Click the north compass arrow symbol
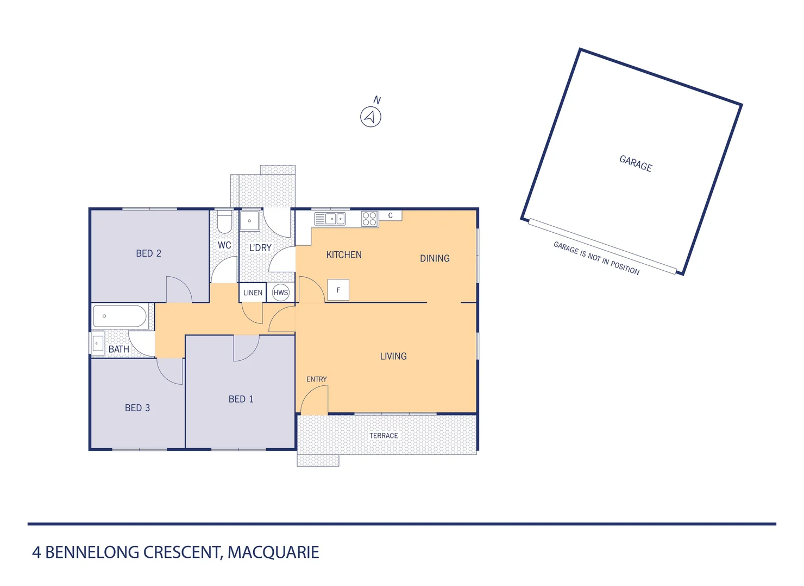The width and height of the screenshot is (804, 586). pos(371,117)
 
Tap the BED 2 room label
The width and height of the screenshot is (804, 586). pos(148,253)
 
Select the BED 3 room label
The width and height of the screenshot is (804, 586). pos(137,408)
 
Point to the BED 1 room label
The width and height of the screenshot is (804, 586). pos(241,399)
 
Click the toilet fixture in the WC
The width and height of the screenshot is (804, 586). pos(224,222)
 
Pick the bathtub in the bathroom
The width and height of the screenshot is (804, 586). pos(120,316)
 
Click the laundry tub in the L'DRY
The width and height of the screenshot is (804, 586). pos(250,221)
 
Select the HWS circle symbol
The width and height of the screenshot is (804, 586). pos(281,293)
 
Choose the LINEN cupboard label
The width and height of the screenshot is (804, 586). pos(253,293)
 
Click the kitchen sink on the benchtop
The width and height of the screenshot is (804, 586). pos(330,219)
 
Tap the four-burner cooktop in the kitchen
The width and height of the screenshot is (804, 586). pos(369,219)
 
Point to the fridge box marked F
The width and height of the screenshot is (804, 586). pos(338,290)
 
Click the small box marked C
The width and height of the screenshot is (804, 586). pos(390,216)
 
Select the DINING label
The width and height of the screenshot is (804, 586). pos(435,259)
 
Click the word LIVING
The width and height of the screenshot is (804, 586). pos(393,356)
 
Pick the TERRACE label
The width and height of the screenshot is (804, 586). pos(384,436)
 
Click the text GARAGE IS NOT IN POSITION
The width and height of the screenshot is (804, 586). pos(596,258)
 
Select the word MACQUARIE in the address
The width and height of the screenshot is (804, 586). pos(273,552)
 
